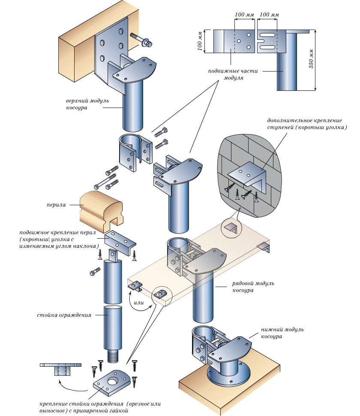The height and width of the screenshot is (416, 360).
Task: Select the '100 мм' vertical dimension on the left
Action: point(200,41)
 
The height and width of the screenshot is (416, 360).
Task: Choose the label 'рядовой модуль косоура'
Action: point(253,287)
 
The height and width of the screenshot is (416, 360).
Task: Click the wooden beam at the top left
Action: point(79,43)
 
